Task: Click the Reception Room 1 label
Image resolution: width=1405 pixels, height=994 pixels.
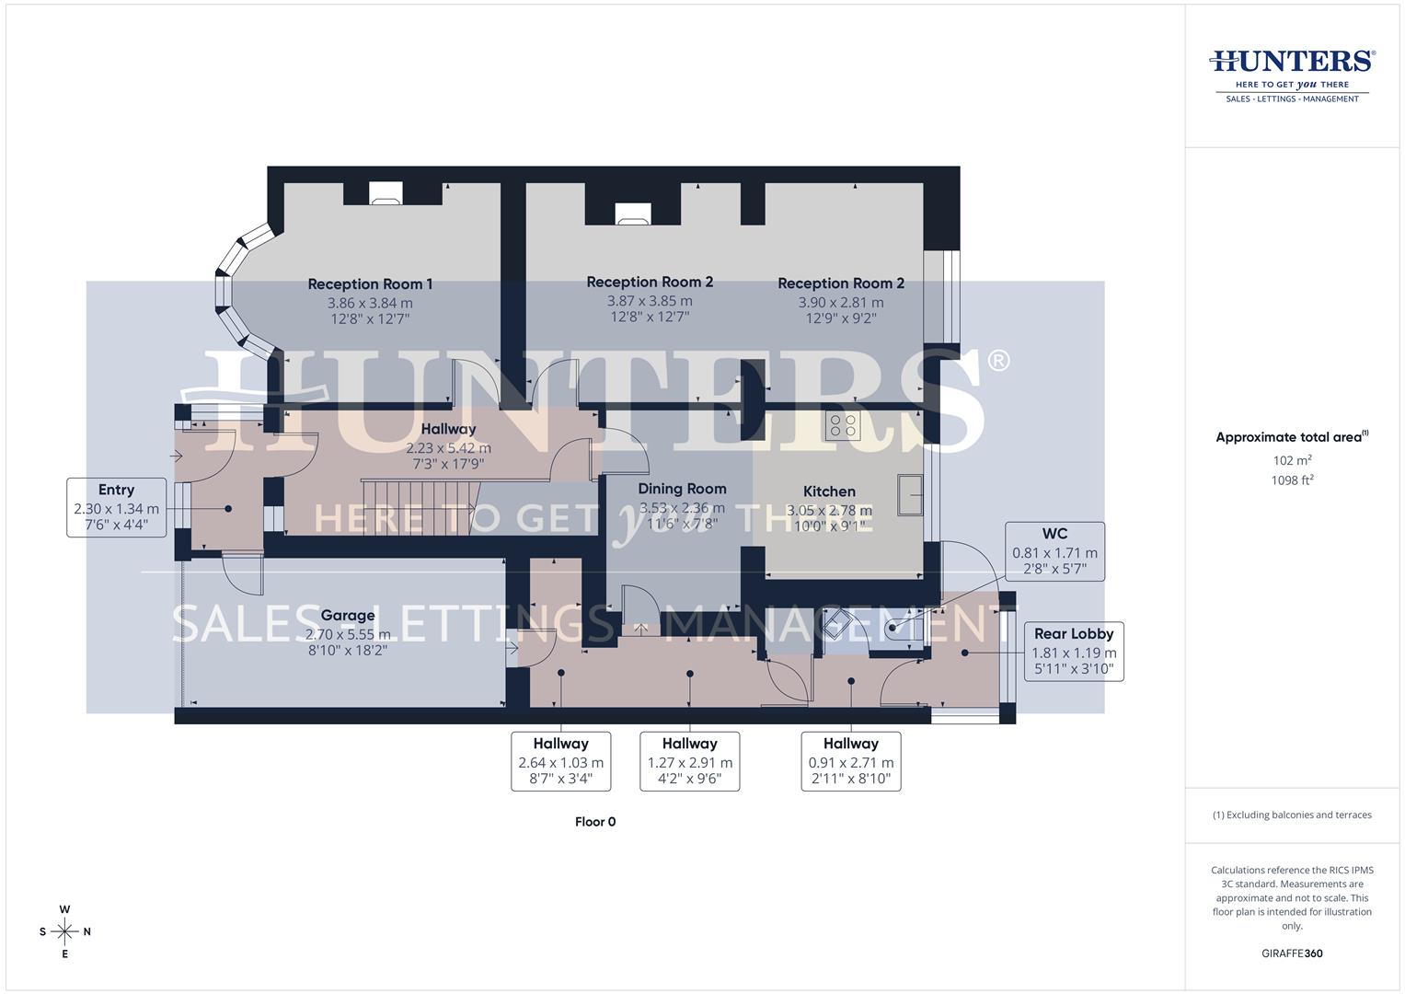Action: pos(370,284)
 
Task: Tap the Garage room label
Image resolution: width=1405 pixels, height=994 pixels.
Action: pos(348,616)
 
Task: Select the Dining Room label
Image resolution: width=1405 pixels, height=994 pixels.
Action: pos(682,489)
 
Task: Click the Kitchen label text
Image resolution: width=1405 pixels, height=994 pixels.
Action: pos(829,491)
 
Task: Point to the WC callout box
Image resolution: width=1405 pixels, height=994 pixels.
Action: pos(1054,551)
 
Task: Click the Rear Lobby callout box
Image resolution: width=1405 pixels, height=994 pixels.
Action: pos(1073,651)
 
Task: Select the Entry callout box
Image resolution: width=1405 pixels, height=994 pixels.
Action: pos(117,507)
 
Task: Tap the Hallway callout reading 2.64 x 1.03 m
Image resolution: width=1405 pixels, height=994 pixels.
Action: pos(560,761)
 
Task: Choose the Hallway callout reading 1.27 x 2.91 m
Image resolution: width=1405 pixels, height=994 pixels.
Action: pos(689,761)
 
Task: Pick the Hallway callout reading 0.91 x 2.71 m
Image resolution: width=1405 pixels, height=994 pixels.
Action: pos(850,761)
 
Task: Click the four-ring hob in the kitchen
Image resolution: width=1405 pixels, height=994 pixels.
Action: pos(842,426)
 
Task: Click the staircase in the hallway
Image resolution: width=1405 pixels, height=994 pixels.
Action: pos(420,505)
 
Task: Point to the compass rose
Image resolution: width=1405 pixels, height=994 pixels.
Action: pos(64,931)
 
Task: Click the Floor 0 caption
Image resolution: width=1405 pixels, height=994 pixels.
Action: pos(595,822)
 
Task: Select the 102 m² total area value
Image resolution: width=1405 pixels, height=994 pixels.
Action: pos(1292,460)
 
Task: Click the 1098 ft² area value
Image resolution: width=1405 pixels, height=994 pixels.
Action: pos(1292,480)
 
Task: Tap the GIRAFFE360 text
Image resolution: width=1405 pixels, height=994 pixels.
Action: pos(1292,954)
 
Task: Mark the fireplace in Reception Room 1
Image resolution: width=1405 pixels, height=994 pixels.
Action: pos(386,193)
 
